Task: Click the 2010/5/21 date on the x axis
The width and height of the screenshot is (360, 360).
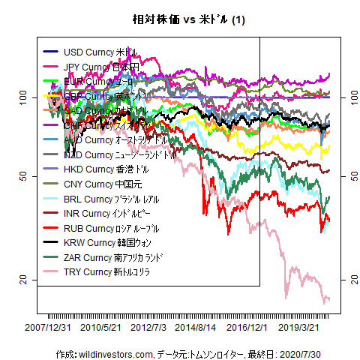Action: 101,328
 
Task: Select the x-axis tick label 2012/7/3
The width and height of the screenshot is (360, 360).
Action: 148,328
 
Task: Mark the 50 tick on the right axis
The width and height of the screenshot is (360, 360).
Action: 346,175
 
